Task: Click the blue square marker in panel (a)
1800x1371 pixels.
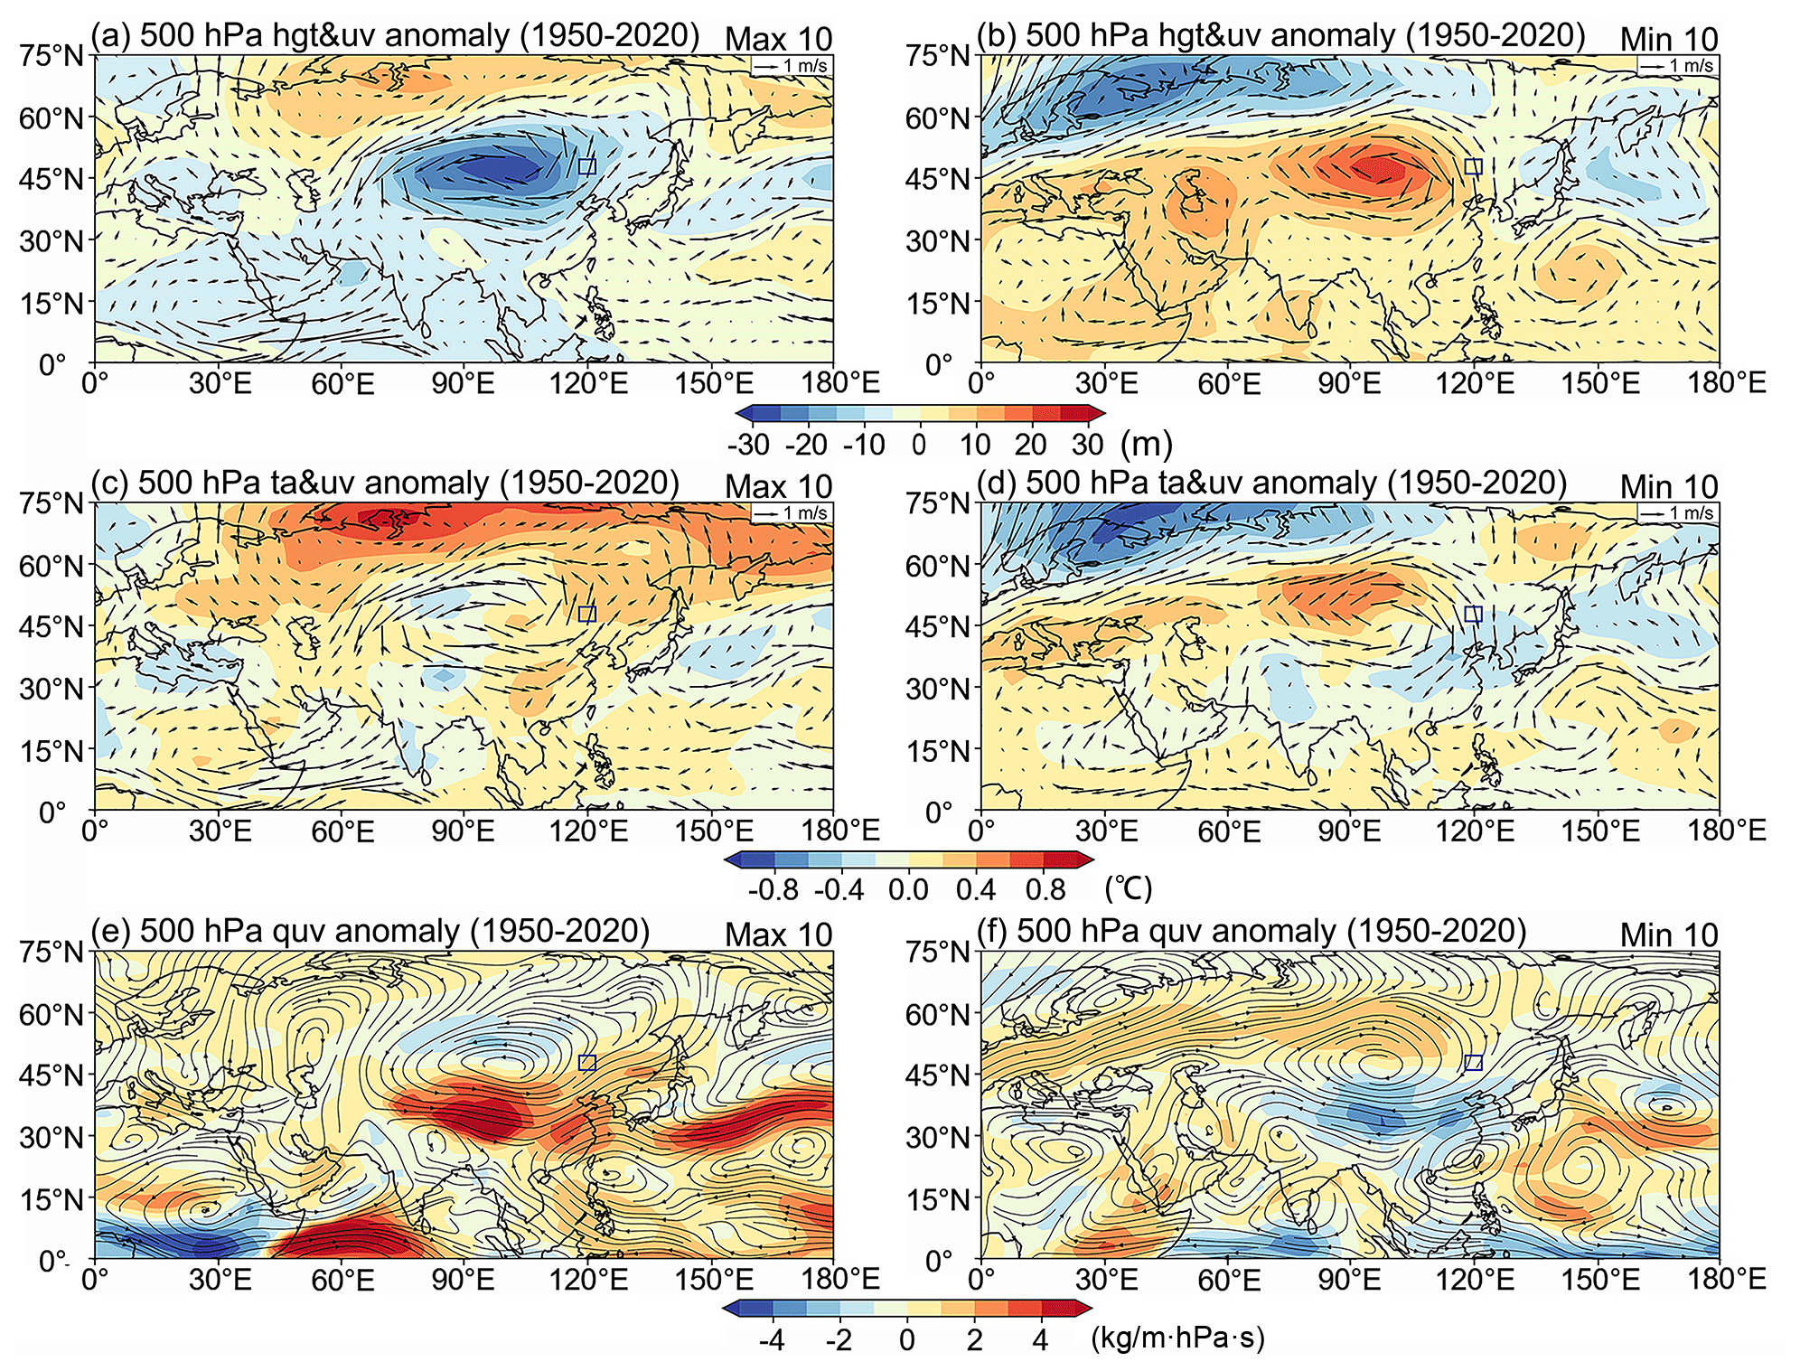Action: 587,166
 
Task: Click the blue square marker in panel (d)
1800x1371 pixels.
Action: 1473,615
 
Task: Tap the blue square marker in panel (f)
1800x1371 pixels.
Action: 1473,1063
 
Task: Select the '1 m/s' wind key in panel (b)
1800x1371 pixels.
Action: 1677,66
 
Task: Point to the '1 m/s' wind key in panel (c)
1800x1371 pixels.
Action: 792,513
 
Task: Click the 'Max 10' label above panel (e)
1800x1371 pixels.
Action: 778,935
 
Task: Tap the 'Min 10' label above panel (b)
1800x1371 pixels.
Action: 1668,40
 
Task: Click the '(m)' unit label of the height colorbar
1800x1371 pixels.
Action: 1146,444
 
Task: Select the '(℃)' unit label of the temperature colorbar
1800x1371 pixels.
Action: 1129,888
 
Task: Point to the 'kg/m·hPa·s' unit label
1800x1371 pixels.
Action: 1177,1338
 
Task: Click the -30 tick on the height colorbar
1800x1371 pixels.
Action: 748,445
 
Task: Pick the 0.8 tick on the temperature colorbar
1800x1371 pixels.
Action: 1045,889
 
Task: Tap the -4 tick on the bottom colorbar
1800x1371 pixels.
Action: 772,1339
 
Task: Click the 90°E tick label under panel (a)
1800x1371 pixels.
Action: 463,384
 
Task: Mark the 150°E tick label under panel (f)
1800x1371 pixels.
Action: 1599,1280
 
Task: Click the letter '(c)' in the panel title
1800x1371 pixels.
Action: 110,483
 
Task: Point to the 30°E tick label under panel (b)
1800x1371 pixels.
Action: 1106,384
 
